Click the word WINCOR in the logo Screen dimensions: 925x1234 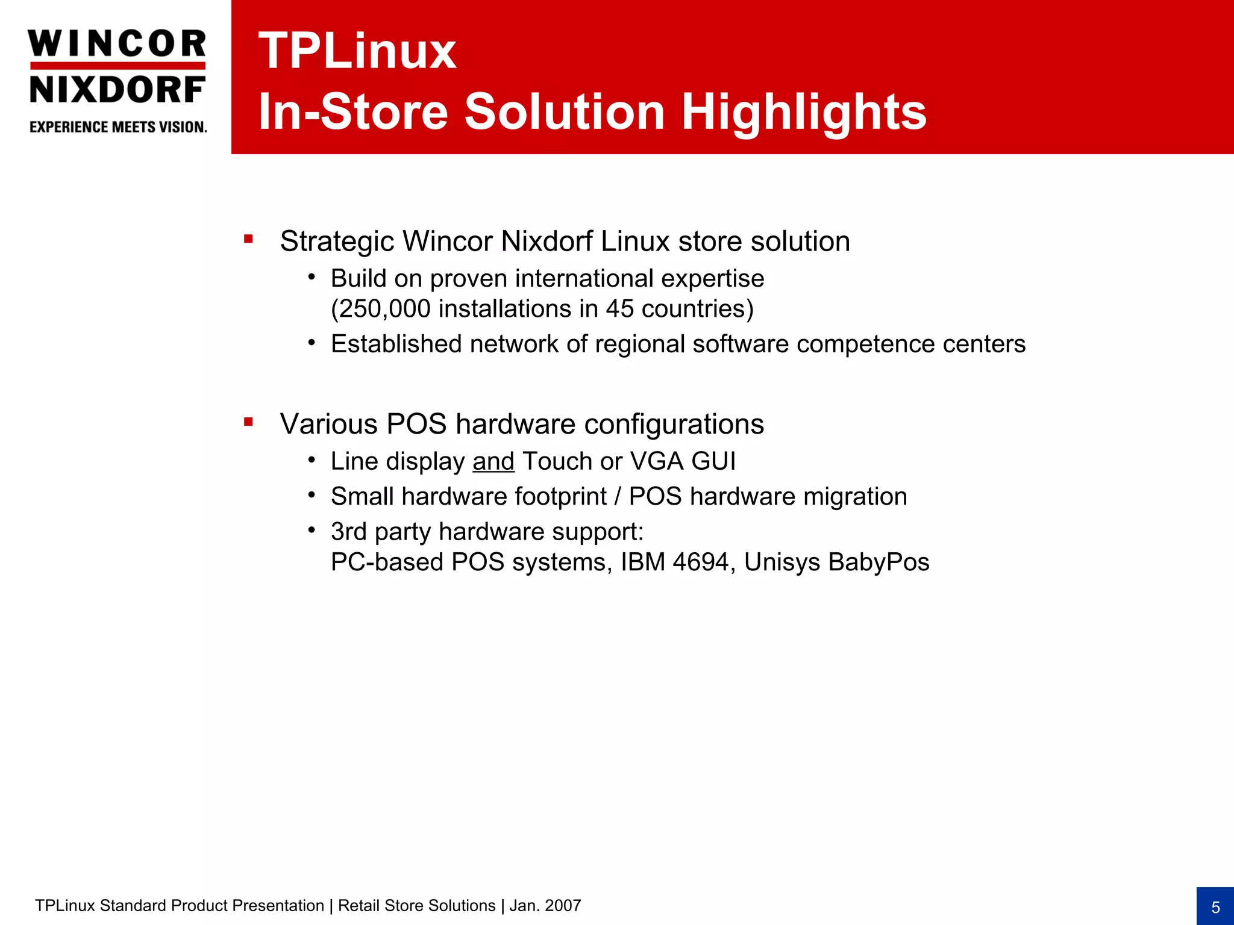pyautogui.click(x=117, y=44)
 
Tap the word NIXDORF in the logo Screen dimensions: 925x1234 pyautogui.click(x=117, y=90)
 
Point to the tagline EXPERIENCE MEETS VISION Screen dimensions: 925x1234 pyautogui.click(x=118, y=127)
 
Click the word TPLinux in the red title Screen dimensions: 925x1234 pyautogui.click(x=357, y=51)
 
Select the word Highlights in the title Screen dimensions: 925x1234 pyautogui.click(x=804, y=112)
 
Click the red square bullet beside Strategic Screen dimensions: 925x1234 pyautogui.click(x=248, y=239)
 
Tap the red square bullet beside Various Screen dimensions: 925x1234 pyautogui.click(x=248, y=422)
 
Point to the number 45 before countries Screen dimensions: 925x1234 pyautogui.click(x=619, y=309)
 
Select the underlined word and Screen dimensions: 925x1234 pyautogui.click(x=493, y=461)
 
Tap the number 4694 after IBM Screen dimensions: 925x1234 pyautogui.click(x=701, y=562)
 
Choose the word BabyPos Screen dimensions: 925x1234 pyautogui.click(x=879, y=562)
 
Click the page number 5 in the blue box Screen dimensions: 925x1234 pyautogui.click(x=1215, y=907)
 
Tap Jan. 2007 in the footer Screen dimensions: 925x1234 pyautogui.click(x=545, y=906)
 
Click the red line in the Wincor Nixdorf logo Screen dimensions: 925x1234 pyautogui.click(x=117, y=66)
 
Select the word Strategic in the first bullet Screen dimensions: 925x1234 pyautogui.click(x=337, y=241)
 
